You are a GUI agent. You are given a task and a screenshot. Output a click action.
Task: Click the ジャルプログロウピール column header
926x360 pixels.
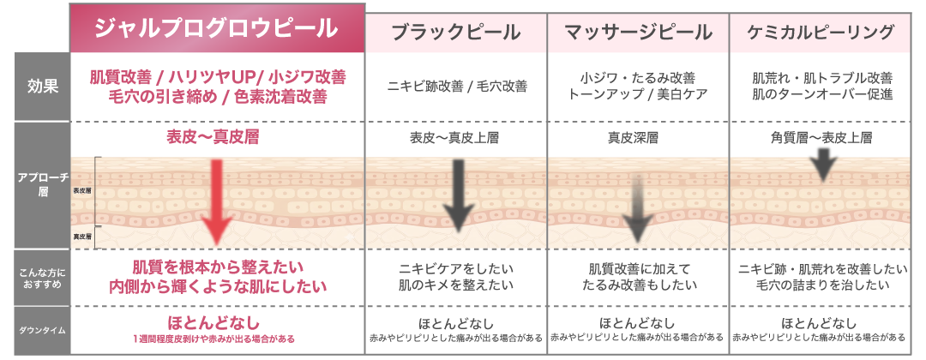[216, 28]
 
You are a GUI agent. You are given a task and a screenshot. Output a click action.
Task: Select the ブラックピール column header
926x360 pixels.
[455, 33]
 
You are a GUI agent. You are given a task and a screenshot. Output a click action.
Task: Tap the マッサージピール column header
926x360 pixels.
[638, 33]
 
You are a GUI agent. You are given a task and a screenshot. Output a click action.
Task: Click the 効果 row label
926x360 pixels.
[41, 87]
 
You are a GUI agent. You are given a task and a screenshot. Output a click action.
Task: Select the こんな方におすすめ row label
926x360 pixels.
[41, 277]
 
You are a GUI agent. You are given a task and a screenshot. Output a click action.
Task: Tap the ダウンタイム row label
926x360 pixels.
[41, 329]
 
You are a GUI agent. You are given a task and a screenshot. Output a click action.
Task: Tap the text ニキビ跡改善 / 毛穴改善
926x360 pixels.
[456, 87]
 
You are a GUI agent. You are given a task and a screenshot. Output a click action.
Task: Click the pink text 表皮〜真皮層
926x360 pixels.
[216, 137]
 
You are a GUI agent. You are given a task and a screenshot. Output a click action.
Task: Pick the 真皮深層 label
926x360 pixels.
[639, 137]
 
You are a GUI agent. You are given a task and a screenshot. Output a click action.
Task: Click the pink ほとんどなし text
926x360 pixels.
[216, 322]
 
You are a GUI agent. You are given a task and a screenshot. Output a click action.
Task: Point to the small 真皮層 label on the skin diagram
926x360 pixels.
[82, 235]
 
